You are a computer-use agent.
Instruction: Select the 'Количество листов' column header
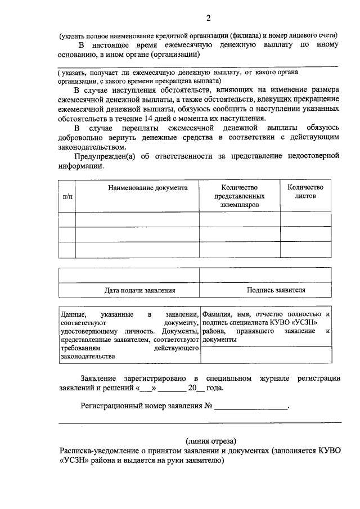305,192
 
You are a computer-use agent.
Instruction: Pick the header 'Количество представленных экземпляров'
239,196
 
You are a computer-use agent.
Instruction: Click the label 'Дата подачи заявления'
140,290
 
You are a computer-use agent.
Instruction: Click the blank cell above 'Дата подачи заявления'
129,276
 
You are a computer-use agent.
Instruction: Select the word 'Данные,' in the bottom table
73,313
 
